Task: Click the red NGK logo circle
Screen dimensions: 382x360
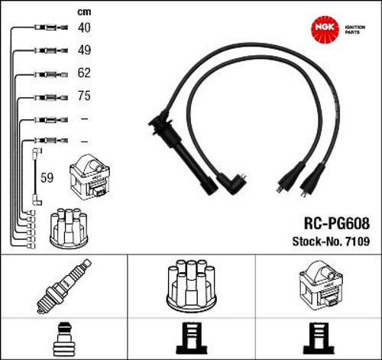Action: [325, 29]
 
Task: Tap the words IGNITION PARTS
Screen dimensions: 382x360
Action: [355, 30]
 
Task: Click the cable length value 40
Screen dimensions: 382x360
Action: [84, 28]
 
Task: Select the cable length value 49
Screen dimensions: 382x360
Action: [84, 50]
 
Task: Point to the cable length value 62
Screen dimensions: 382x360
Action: [84, 73]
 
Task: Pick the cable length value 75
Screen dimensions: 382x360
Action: [84, 96]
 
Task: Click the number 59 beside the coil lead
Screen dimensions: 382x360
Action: [47, 177]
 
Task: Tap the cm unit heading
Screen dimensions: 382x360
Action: [84, 12]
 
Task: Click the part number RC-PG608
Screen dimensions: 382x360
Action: [337, 223]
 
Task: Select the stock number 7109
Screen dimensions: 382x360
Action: [357, 242]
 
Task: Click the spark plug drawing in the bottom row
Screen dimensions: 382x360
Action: [63, 286]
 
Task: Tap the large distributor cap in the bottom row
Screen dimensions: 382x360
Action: [191, 285]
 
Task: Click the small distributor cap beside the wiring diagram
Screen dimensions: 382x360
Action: [69, 227]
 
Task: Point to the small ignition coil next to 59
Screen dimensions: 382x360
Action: [90, 177]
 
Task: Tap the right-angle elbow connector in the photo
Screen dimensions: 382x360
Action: [231, 183]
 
